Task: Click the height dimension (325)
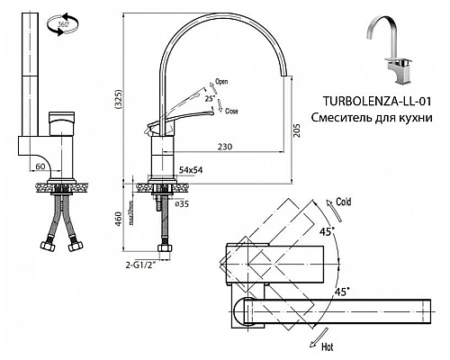point(133,100)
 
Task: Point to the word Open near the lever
point(221,82)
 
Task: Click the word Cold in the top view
point(343,202)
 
